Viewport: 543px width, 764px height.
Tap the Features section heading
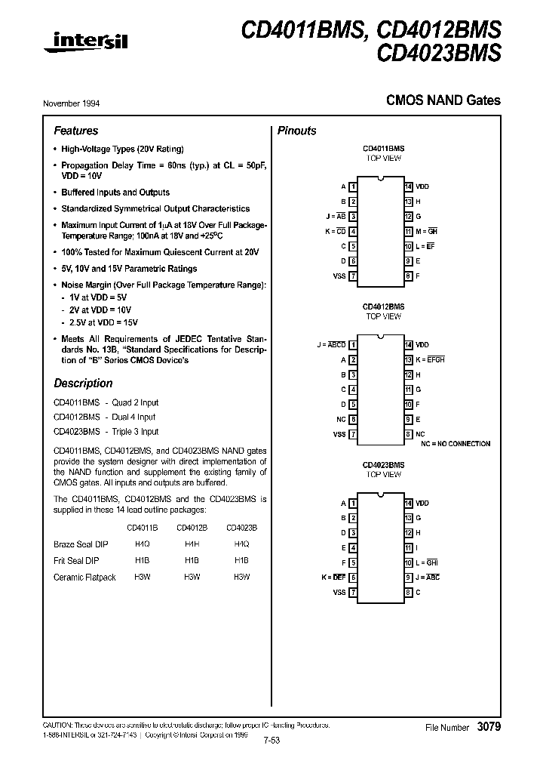tap(75, 131)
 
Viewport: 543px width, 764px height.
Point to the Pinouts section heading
tap(297, 131)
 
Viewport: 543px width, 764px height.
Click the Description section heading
tap(83, 383)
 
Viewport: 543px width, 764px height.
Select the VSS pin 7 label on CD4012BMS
tap(339, 434)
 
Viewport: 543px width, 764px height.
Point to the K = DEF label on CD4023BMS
tap(333, 577)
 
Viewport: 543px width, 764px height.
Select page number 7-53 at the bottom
tap(271, 741)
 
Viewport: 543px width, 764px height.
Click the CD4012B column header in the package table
tap(192, 528)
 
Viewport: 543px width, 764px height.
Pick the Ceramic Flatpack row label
tap(84, 578)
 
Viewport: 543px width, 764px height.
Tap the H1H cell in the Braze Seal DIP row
tap(192, 544)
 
